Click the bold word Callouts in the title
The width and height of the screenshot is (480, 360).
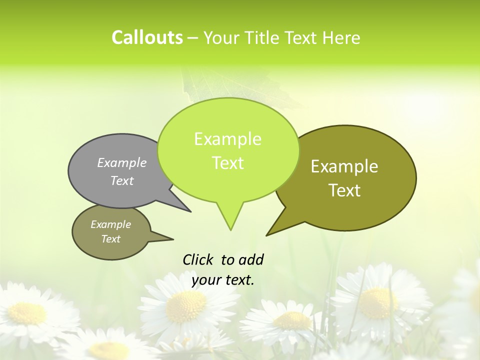(147, 37)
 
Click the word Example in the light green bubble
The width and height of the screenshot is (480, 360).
(227, 139)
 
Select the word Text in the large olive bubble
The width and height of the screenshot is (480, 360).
(344, 190)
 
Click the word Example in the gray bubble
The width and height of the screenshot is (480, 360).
(122, 162)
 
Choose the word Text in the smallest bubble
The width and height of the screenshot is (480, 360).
(110, 239)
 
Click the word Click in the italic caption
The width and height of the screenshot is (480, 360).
(198, 259)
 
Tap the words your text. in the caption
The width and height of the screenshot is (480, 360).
(223, 280)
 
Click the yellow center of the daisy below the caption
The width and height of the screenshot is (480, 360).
(185, 306)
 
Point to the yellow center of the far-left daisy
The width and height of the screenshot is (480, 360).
(27, 312)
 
